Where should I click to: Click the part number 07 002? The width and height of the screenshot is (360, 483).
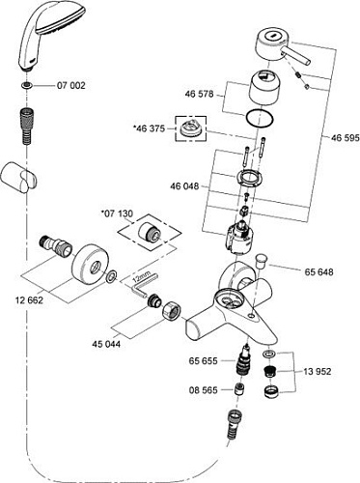[71, 86]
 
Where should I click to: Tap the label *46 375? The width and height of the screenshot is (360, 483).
[150, 128]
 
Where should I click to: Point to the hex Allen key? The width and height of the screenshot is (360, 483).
[142, 287]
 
